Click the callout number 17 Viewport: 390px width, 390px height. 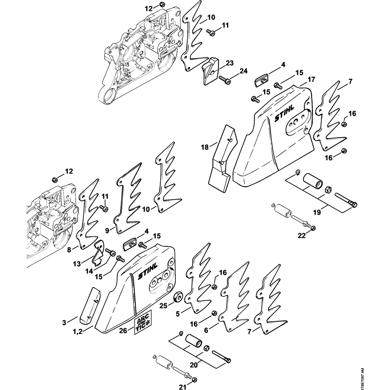click(x=311, y=80)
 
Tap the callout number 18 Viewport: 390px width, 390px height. click(x=205, y=147)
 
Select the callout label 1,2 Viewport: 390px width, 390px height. click(x=77, y=331)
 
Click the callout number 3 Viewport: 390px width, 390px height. click(x=64, y=323)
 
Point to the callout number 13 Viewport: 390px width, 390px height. click(x=77, y=264)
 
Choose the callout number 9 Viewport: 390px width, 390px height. click(x=107, y=231)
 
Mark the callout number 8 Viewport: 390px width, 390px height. click(x=69, y=250)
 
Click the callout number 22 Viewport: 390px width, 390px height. click(x=302, y=235)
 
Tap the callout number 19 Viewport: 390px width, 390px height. click(x=317, y=213)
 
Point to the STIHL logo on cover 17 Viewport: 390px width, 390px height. click(x=284, y=113)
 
